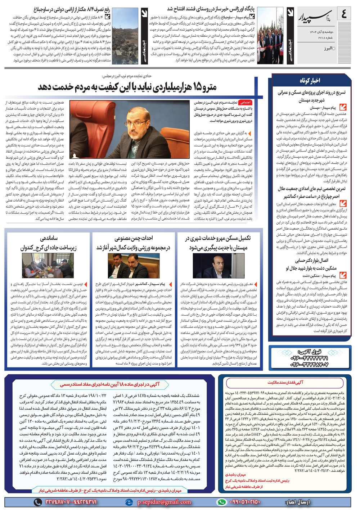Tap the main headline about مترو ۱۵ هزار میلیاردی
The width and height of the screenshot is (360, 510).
click(x=127, y=87)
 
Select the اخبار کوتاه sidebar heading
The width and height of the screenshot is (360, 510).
click(x=310, y=80)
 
